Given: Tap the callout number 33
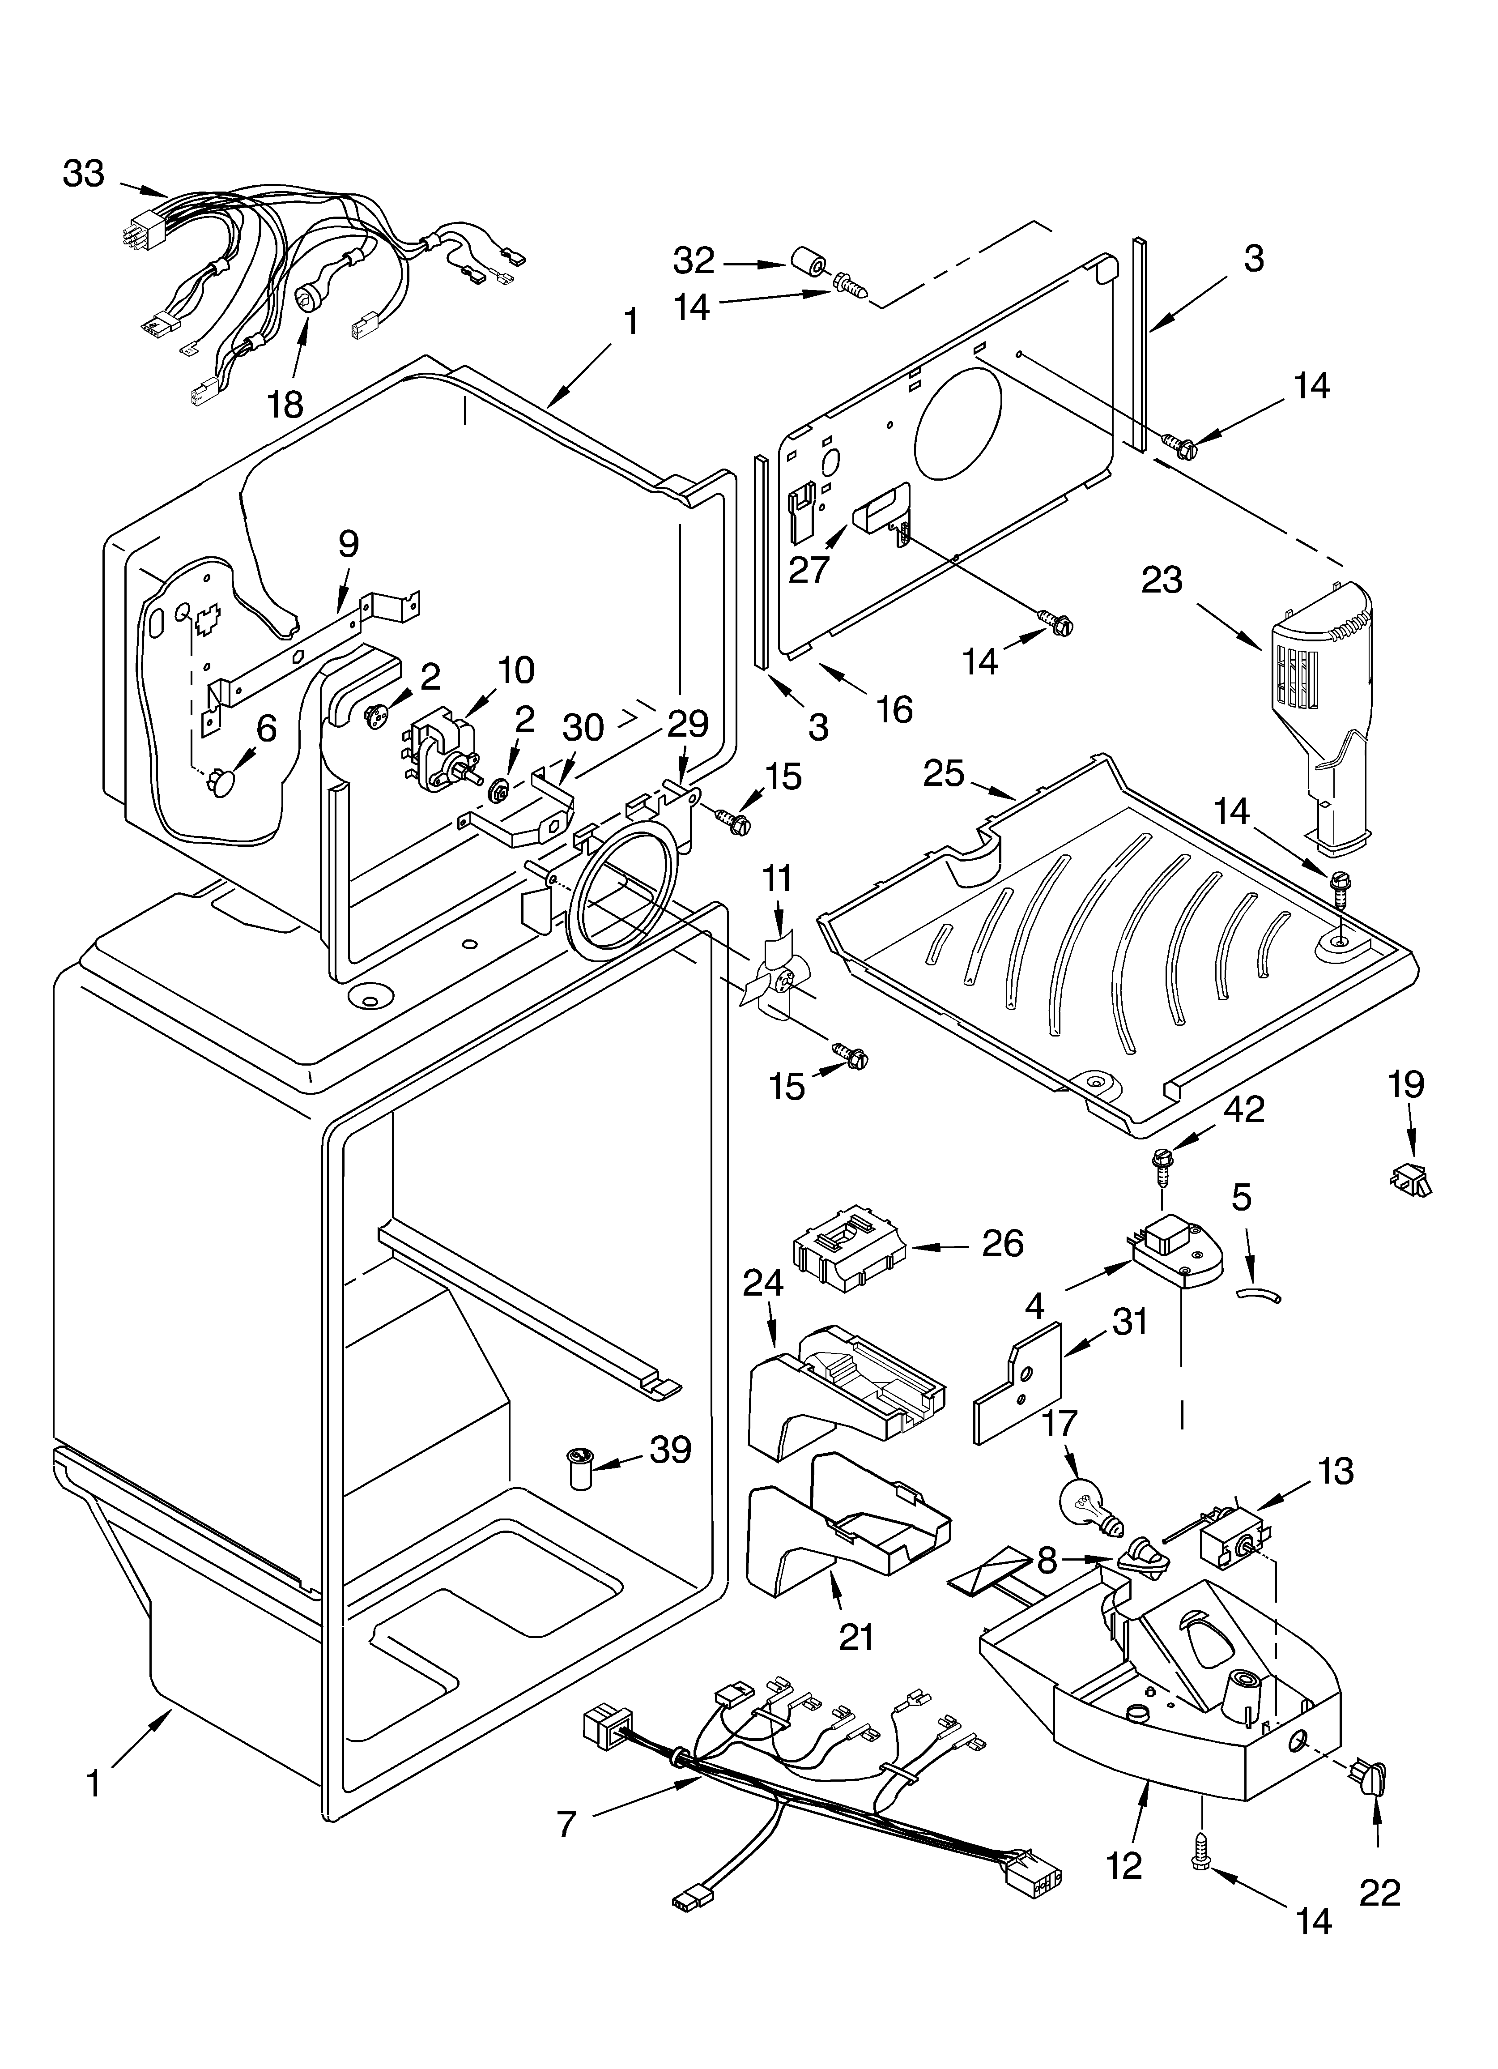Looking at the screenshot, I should pyautogui.click(x=84, y=173).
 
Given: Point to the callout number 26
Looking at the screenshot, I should pyautogui.click(x=1003, y=1243).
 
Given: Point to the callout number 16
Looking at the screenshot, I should pyautogui.click(x=895, y=709).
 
